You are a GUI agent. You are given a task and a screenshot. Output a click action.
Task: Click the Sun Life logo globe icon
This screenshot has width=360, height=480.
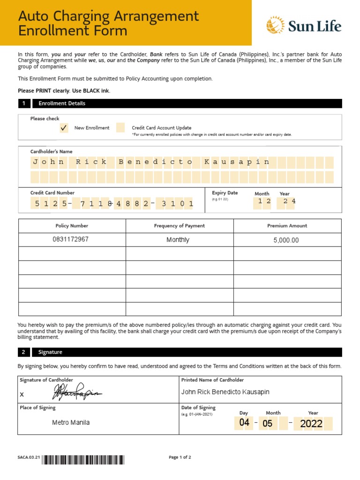pyautogui.click(x=275, y=25)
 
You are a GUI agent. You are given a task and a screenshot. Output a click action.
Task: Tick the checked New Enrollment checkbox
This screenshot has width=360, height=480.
pyautogui.click(x=64, y=127)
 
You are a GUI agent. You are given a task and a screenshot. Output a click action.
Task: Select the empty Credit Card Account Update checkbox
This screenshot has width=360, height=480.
pyautogui.click(x=120, y=127)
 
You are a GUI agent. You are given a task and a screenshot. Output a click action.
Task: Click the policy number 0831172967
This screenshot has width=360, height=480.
pyautogui.click(x=71, y=240)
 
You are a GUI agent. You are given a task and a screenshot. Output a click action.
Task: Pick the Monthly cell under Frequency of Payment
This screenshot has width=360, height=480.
pyautogui.click(x=178, y=240)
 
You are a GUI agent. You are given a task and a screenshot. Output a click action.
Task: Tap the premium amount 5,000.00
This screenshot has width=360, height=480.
pyautogui.click(x=286, y=240)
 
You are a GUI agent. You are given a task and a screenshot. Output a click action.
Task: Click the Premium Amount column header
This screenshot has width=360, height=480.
pyautogui.click(x=287, y=226)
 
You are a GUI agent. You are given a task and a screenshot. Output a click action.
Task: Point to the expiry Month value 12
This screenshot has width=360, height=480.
pyautogui.click(x=262, y=201)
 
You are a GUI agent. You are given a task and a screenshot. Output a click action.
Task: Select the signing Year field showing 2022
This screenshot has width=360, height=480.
pyautogui.click(x=312, y=424)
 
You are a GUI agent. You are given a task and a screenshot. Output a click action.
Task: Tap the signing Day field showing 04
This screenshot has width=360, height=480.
pyautogui.click(x=245, y=423)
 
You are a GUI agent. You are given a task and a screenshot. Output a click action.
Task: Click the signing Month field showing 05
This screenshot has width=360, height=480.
pyautogui.click(x=267, y=423)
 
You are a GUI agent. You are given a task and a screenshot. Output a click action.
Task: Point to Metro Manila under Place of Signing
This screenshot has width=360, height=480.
pyautogui.click(x=71, y=423)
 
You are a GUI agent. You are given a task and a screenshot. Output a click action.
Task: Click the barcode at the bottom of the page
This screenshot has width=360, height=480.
pyautogui.click(x=84, y=460)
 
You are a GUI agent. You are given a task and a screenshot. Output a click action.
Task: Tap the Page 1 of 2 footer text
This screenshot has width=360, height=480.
pyautogui.click(x=180, y=457)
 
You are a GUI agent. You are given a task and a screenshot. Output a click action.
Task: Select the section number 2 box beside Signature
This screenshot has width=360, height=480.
pyautogui.click(x=23, y=352)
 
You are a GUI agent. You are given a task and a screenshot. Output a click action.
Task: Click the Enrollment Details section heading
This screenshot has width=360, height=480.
pyautogui.click(x=62, y=104)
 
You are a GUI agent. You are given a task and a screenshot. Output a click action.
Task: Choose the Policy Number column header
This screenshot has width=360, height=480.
pyautogui.click(x=72, y=226)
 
